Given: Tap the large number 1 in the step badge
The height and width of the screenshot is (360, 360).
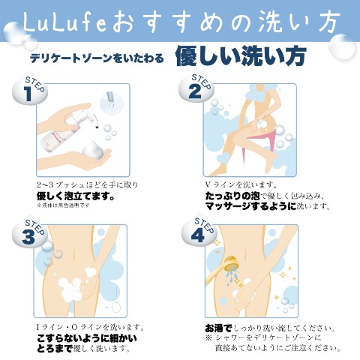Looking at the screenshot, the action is point(28,94).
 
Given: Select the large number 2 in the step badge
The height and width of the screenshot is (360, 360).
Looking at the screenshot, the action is point(195,91).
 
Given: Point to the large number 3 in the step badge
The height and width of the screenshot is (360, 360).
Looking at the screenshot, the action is point(28,236).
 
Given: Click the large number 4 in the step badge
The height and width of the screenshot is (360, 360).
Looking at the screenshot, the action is point(197,235).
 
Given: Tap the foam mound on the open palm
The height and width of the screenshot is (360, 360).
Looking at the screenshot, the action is point(92,150).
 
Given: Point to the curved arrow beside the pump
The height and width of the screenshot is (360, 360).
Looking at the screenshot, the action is point(94,121).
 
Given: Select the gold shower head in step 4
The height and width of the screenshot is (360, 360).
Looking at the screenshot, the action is point(230,265).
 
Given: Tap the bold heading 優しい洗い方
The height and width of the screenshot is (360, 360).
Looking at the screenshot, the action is point(241,56).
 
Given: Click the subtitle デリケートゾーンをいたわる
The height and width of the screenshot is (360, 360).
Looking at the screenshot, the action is point(97,58).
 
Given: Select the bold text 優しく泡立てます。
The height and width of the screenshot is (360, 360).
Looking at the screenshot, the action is point(76,196).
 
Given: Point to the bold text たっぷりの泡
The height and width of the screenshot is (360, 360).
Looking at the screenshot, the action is point(232,196).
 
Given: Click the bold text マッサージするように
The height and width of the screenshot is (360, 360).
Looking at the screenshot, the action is point(250,206).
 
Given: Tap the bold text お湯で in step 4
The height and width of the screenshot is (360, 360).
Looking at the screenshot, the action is point(218,328).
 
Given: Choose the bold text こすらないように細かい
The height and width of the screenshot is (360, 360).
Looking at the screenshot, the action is point(87,338).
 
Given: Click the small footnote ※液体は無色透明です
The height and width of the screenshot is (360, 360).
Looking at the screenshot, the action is point(63,205).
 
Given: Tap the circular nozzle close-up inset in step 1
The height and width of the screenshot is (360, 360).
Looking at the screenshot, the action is point(112,102).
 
